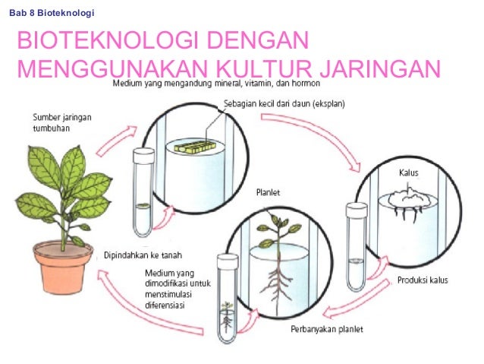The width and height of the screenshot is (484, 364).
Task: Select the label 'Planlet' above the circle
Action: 266,193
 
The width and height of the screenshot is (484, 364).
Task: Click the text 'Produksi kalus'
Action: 423,280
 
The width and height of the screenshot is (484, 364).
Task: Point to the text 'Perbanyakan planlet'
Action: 327,329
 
